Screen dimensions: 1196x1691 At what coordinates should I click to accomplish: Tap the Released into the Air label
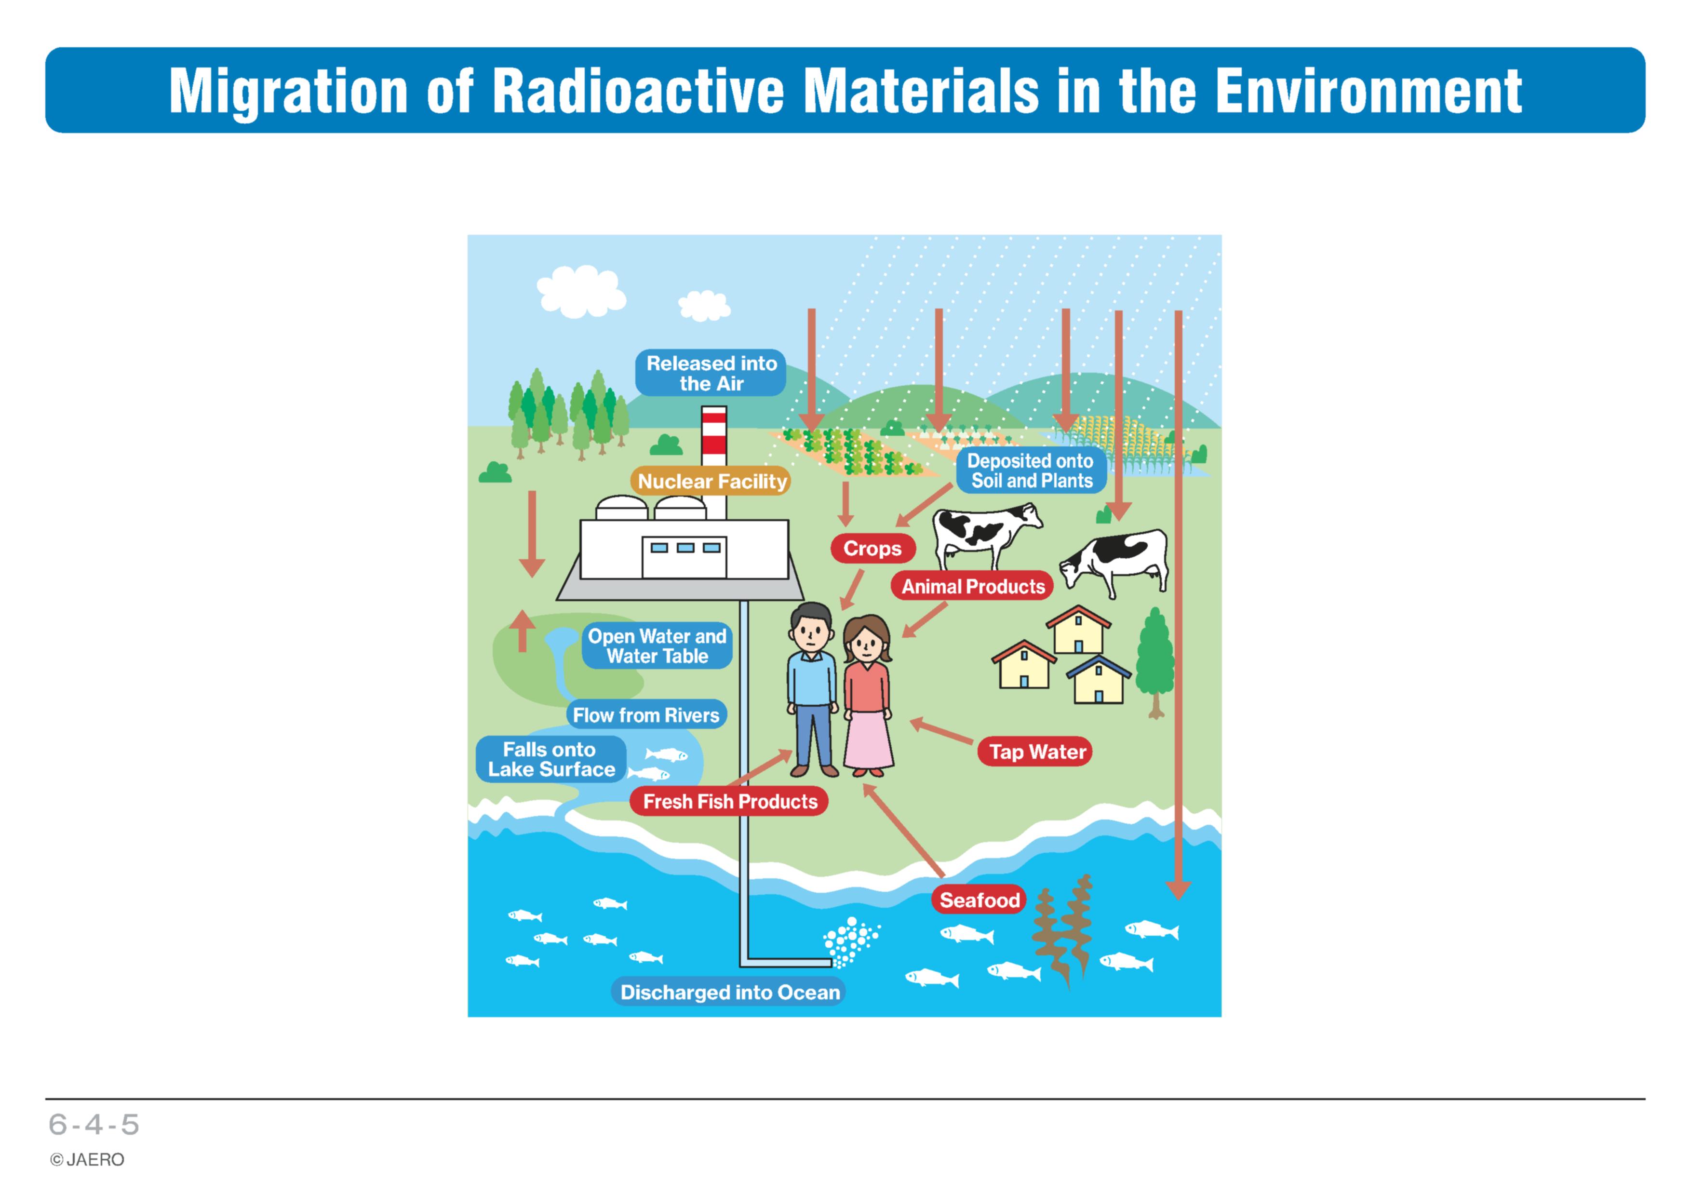(711, 373)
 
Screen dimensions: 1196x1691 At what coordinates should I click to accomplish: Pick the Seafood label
(979, 900)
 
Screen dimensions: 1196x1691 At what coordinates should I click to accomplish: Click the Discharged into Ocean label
(729, 992)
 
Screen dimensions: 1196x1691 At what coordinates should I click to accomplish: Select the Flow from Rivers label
(646, 715)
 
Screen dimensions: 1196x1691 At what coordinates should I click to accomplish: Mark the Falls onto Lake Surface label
(551, 759)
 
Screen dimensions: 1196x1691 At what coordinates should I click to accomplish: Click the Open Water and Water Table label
(657, 646)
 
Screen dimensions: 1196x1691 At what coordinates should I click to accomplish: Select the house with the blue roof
(1098, 679)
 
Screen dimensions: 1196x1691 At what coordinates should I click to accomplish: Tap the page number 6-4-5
(94, 1125)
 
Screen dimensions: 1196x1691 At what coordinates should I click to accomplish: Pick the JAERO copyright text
(88, 1160)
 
